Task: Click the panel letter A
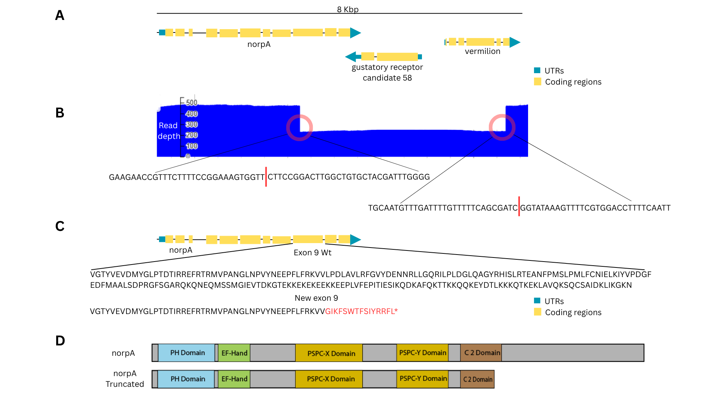tap(60, 16)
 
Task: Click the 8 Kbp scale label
tap(348, 9)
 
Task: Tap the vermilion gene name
tap(482, 51)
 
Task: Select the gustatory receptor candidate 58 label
tap(387, 72)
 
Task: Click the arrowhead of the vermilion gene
tap(515, 42)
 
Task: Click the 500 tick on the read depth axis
tap(192, 102)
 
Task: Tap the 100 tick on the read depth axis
tap(192, 146)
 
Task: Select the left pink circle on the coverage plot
tap(300, 128)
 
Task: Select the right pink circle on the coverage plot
tap(502, 127)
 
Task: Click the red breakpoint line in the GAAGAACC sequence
tap(266, 177)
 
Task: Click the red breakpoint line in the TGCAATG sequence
tap(519, 206)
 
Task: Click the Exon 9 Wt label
tap(312, 253)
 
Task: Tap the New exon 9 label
tap(316, 298)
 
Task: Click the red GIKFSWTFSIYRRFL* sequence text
tap(361, 311)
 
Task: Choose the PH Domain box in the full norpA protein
tap(187, 353)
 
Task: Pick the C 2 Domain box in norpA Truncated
tap(477, 379)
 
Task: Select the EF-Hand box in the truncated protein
tap(234, 379)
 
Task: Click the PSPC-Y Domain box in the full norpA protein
tap(423, 353)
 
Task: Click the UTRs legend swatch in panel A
tap(537, 70)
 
